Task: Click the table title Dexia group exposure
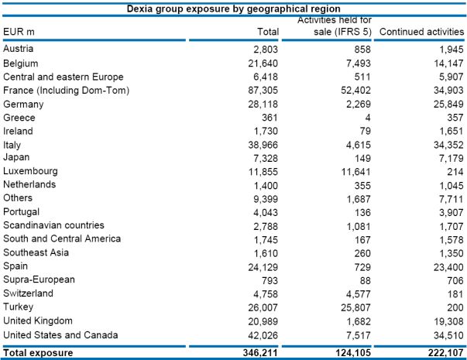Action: click(x=233, y=8)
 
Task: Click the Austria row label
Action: click(x=18, y=49)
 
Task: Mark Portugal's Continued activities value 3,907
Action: click(x=447, y=212)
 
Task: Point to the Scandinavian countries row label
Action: click(x=53, y=225)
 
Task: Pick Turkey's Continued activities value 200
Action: click(x=453, y=307)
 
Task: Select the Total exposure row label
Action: click(x=38, y=352)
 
